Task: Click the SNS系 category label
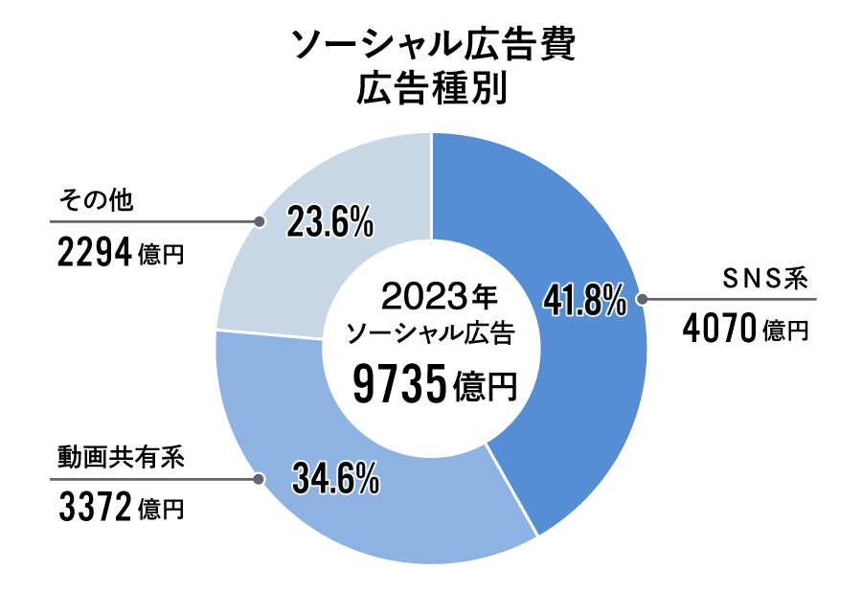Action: [x=766, y=280]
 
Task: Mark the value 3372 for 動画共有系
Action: [x=94, y=508]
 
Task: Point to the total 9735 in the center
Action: [x=400, y=385]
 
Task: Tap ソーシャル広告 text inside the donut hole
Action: [x=431, y=333]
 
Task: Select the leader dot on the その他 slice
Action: [x=259, y=221]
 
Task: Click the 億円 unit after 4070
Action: [x=787, y=332]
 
